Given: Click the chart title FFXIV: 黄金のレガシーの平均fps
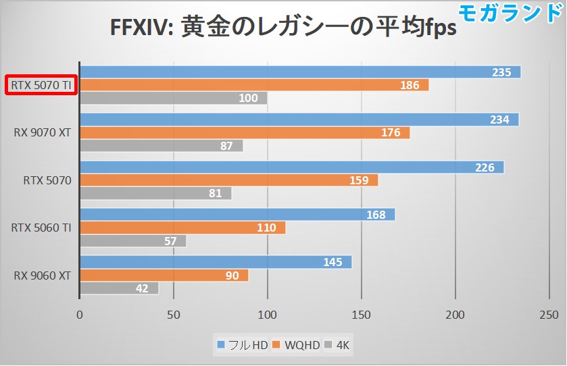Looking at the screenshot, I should pos(282,28).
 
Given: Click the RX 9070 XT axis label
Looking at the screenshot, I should pos(42,133).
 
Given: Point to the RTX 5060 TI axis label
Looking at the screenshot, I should pos(42,228).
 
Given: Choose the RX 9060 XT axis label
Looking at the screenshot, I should pos(42,276).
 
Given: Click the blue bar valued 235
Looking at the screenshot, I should pos(300,72).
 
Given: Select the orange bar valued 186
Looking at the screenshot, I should pos(254,85).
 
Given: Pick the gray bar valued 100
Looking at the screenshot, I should pos(174,99).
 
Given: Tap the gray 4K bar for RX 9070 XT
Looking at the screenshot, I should pos(162,146).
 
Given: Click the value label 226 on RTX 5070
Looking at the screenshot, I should pos(485,167).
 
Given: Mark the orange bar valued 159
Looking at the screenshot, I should pos(229,180).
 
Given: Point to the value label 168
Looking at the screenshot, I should pos(376,215).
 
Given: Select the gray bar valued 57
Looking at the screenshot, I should pos(133,241).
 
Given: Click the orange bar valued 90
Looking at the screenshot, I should pos(164,276).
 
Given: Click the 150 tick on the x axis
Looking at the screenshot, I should pos(362,314).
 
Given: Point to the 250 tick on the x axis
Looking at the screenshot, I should pos(549,314).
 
